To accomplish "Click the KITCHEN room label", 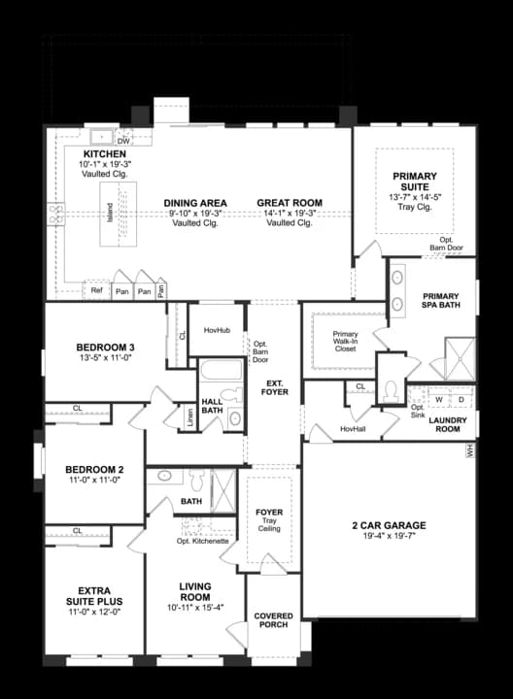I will click(x=104, y=154).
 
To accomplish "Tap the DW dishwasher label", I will click(x=124, y=141).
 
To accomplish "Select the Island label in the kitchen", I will click(x=110, y=211).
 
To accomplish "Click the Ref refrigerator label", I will click(x=96, y=289).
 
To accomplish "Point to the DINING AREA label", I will click(x=194, y=203).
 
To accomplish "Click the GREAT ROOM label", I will click(x=290, y=203).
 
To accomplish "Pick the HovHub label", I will click(x=216, y=330).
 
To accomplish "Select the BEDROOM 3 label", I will click(x=105, y=349).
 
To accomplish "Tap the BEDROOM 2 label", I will click(x=93, y=469).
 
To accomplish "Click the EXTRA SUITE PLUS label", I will click(x=93, y=594).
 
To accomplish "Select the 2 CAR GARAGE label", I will click(x=389, y=525).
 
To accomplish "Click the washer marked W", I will click(x=438, y=399).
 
